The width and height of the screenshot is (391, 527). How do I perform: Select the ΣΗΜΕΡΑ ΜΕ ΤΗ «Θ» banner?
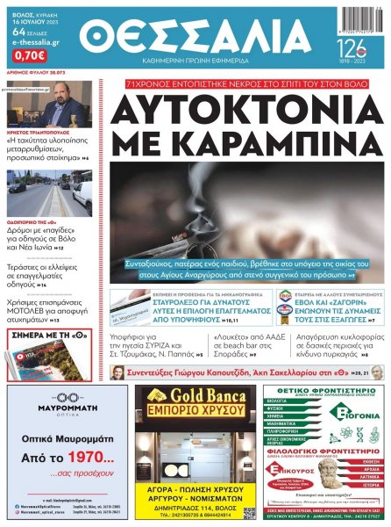click(48, 334)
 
